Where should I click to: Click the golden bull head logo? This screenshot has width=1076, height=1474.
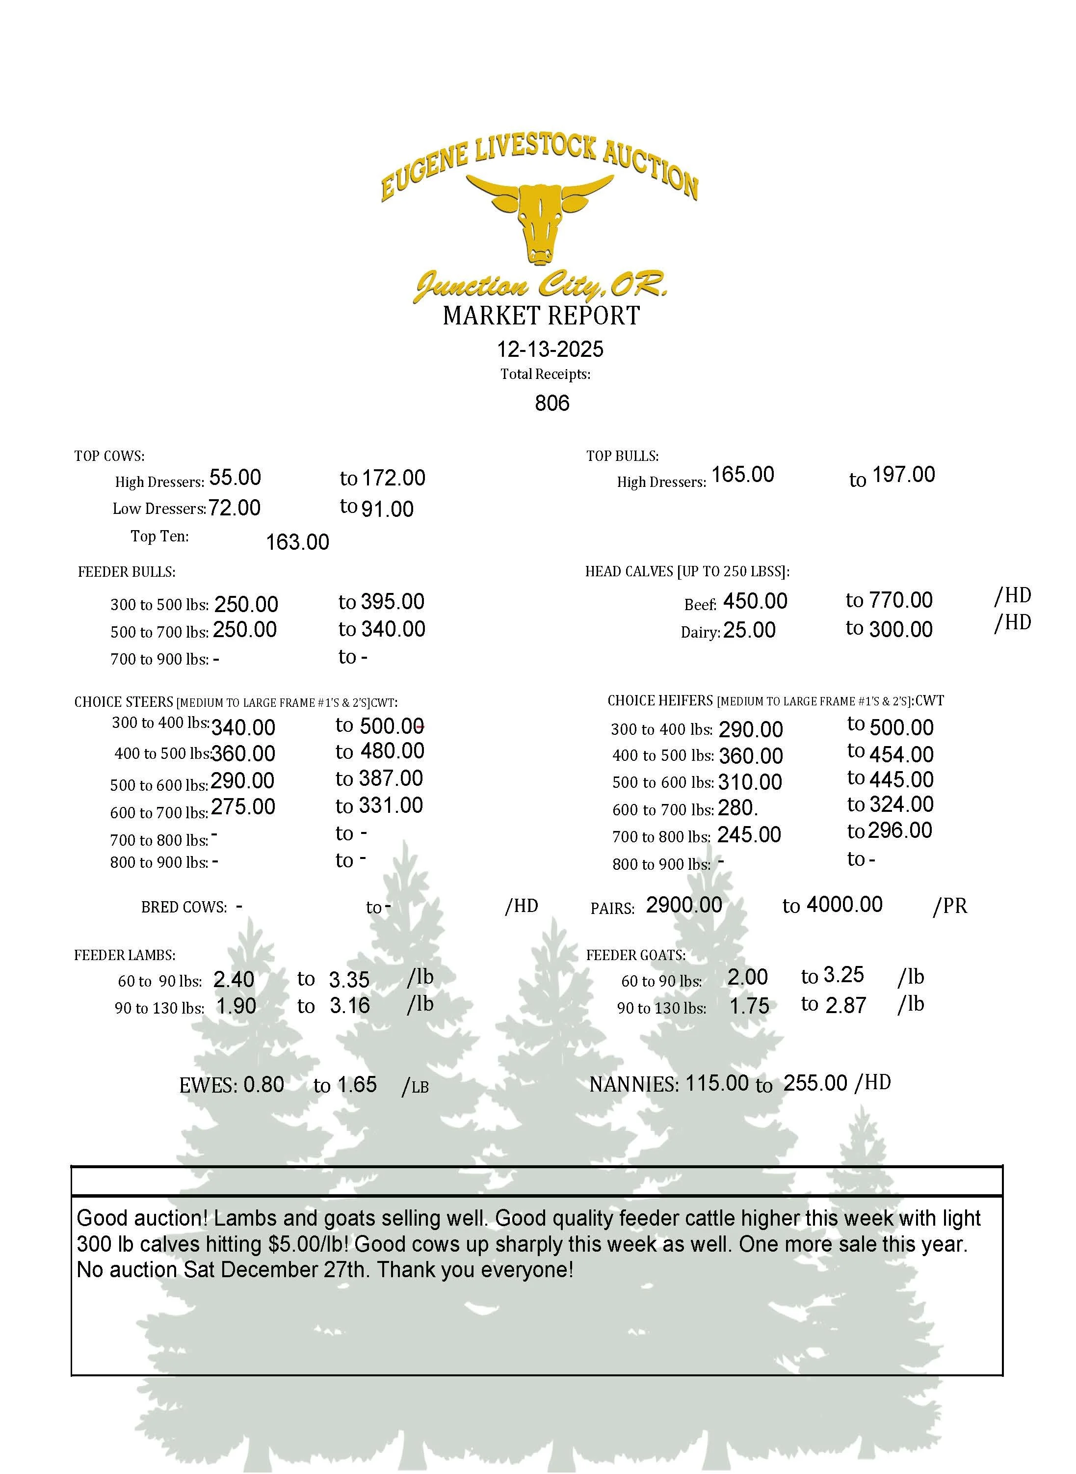coord(540,218)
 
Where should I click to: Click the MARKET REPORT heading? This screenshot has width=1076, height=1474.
coord(541,316)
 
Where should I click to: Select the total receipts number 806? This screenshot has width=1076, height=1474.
coord(551,403)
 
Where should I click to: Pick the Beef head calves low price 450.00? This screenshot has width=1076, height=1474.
coord(755,601)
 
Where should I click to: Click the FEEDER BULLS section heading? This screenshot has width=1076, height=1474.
coord(127,572)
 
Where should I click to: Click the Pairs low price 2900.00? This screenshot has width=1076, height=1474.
coord(684,905)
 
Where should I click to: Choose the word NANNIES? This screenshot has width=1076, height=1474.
coord(633,1085)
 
